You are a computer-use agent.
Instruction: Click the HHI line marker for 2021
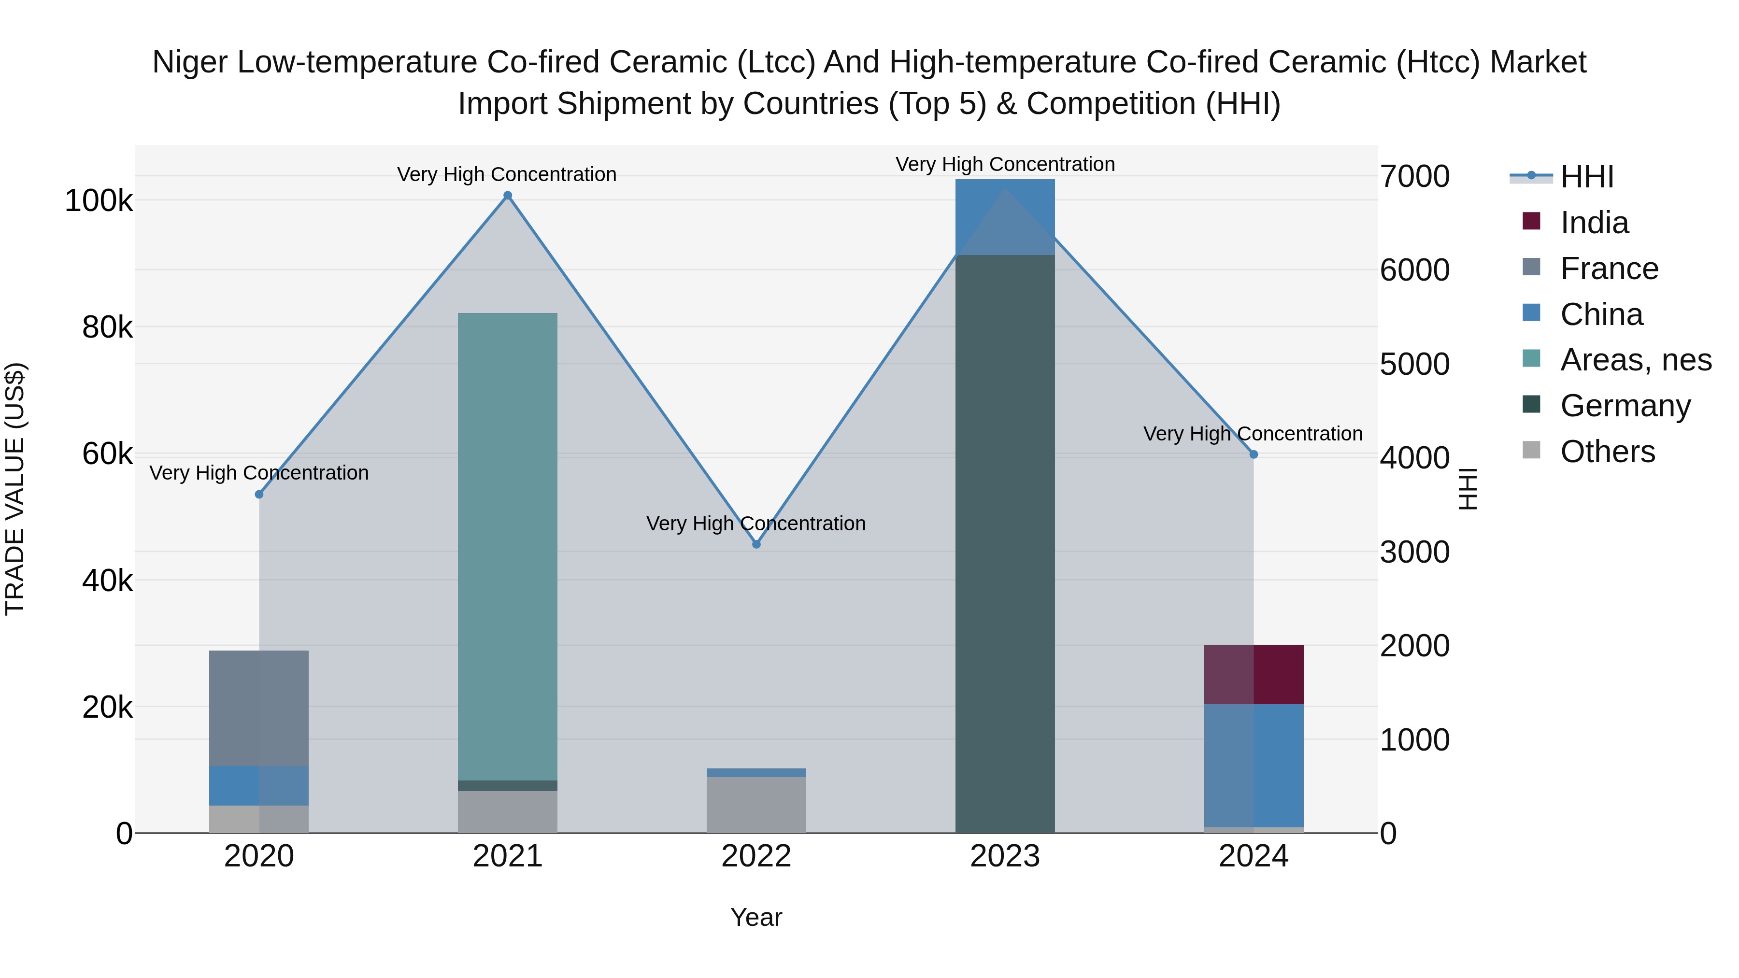click(x=508, y=196)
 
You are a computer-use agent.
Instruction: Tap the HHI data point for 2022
click(x=756, y=544)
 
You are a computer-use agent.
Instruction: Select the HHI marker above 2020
click(x=259, y=494)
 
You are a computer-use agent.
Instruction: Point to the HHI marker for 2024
click(x=1254, y=454)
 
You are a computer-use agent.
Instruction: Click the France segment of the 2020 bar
click(x=259, y=708)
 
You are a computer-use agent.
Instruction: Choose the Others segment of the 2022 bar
click(x=756, y=805)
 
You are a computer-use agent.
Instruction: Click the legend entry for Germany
click(x=1625, y=406)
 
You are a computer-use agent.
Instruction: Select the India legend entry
click(x=1594, y=223)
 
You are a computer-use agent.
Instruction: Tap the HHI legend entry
click(x=1586, y=177)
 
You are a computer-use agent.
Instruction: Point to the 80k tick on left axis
click(x=107, y=328)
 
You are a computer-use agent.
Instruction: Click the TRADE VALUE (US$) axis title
click(x=15, y=489)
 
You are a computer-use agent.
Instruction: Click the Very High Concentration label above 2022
click(x=756, y=523)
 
